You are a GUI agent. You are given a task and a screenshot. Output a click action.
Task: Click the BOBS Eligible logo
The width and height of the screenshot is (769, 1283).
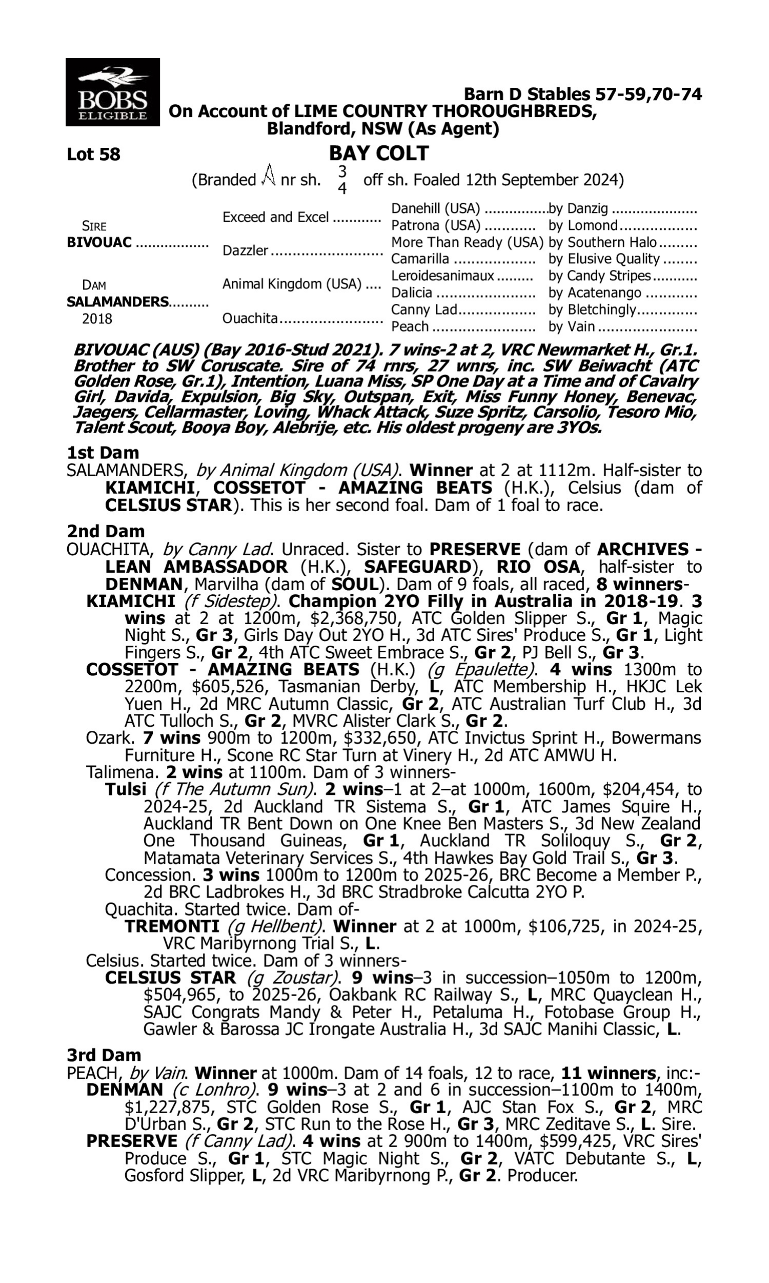(112, 92)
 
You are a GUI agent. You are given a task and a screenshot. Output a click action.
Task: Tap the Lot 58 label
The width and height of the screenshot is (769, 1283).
(93, 154)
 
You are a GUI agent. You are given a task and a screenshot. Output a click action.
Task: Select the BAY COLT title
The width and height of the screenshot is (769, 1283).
(379, 153)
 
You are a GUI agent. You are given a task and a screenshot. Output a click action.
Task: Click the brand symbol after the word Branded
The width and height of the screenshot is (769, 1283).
(268, 177)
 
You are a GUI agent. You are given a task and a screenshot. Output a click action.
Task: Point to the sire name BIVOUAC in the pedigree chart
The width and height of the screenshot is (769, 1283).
(99, 243)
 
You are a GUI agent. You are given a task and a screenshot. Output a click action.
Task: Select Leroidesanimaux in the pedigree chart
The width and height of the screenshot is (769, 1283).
(442, 276)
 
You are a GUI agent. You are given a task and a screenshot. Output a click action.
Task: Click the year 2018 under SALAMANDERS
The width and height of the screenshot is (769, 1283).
(97, 319)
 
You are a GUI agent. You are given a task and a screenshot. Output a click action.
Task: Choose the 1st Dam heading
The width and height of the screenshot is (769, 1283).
(103, 453)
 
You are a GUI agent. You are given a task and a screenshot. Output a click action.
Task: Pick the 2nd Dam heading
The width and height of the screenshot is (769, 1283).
(106, 531)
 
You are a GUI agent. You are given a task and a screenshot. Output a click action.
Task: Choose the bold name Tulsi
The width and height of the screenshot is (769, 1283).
(126, 789)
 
